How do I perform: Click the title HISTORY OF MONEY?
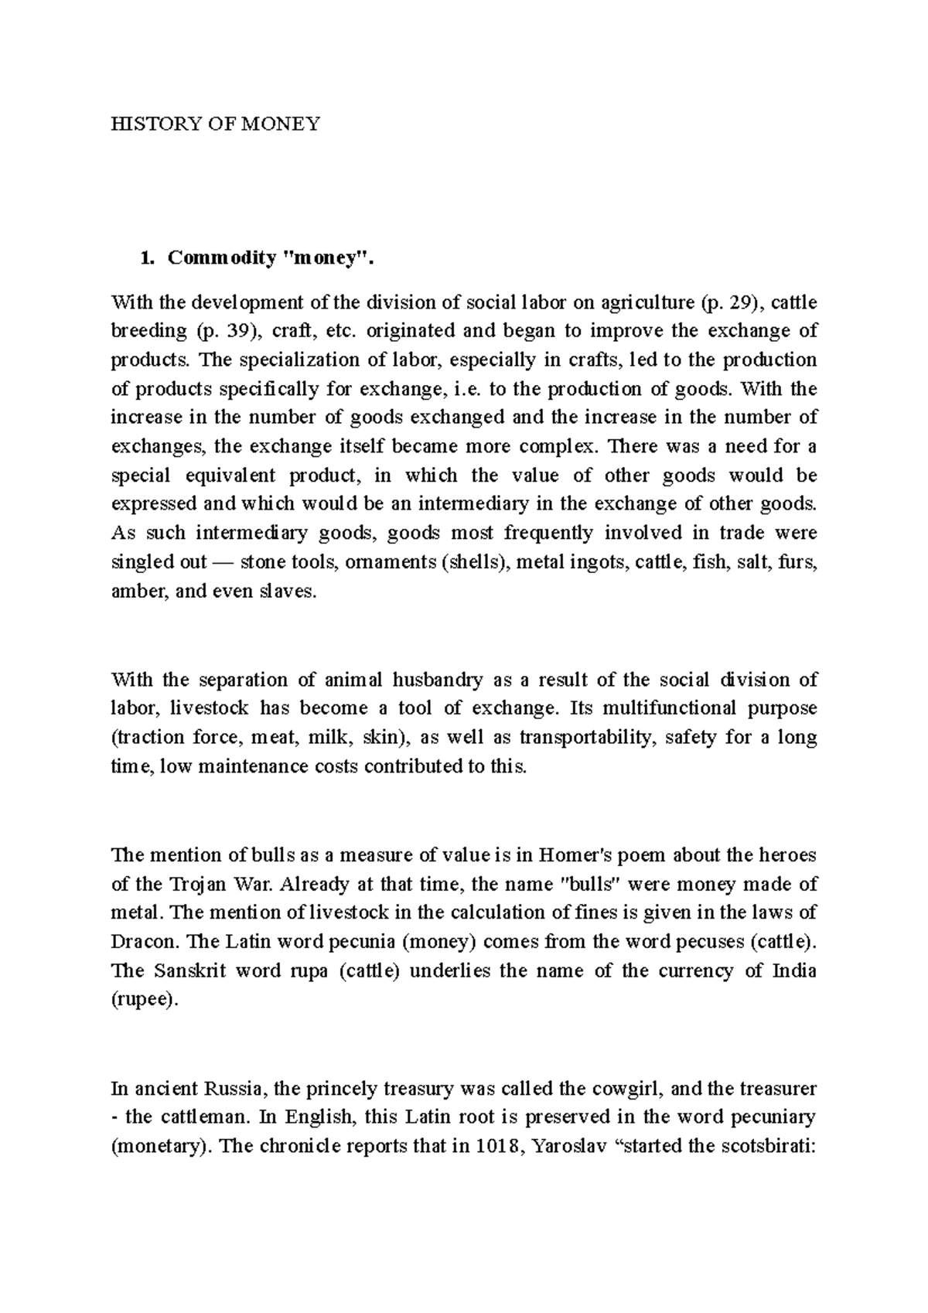[x=215, y=124]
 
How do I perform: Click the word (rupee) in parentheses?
[x=145, y=1000]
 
